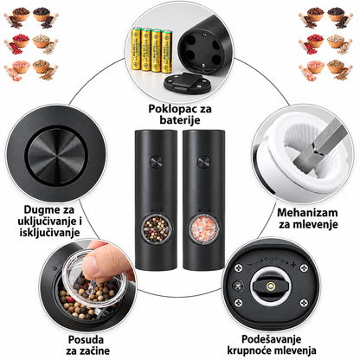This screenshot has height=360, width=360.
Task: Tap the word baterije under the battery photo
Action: (x=180, y=120)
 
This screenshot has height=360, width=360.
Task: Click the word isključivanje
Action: (x=49, y=233)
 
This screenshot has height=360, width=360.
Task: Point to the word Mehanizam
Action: (x=307, y=213)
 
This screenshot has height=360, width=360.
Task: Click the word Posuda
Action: (x=86, y=339)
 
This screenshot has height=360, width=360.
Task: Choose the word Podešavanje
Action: (x=271, y=339)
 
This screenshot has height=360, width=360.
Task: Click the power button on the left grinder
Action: (x=156, y=161)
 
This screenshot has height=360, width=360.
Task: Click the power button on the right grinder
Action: (x=203, y=161)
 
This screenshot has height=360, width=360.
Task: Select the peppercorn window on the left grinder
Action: (x=157, y=228)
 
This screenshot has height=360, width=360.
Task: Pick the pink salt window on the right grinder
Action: (x=204, y=228)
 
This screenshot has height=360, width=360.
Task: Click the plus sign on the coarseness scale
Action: (x=293, y=265)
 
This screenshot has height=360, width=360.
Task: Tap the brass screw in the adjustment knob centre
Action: (x=270, y=286)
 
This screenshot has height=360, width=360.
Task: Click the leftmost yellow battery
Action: (x=136, y=48)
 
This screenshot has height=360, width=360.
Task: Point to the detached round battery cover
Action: (x=187, y=83)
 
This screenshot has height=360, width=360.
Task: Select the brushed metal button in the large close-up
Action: (x=57, y=156)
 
